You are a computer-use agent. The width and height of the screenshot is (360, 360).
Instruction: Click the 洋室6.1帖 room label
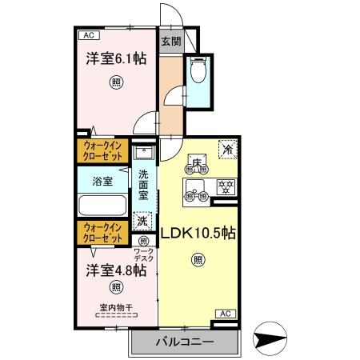click(116, 58)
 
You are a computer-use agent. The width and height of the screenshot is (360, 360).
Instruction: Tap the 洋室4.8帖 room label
click(117, 270)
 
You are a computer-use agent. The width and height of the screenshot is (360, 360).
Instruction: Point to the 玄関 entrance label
click(170, 42)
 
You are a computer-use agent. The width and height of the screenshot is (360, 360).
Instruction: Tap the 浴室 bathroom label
click(102, 181)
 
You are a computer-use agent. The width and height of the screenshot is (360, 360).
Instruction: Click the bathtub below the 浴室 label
click(102, 205)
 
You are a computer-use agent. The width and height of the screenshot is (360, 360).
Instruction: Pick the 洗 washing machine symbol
click(142, 219)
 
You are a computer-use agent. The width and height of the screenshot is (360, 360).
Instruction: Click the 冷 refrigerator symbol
click(228, 149)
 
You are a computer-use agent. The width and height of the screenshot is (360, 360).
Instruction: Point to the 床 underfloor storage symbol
click(197, 163)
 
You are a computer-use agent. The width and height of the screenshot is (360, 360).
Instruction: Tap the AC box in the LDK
click(226, 313)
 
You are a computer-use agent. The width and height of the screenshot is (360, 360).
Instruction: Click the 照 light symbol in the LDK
click(197, 258)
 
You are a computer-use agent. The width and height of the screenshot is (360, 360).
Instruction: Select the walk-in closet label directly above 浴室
click(103, 150)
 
